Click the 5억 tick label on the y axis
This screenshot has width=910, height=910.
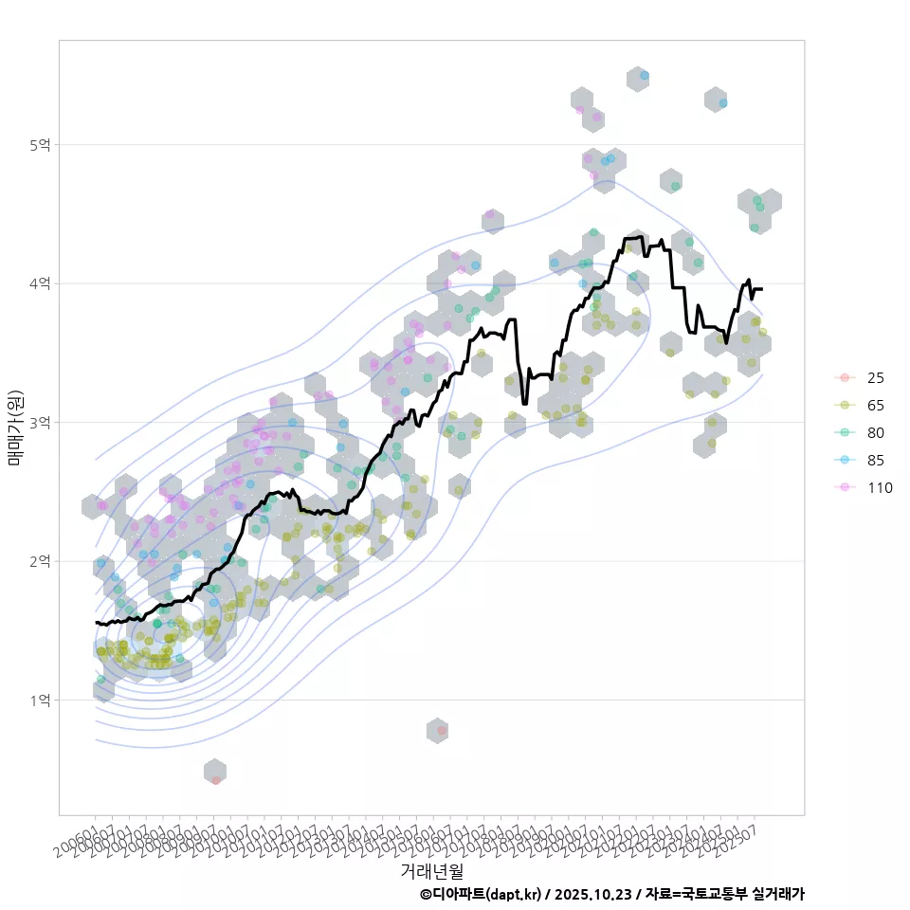(40, 145)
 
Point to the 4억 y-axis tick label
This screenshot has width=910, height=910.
(40, 283)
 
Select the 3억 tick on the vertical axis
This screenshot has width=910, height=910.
(40, 423)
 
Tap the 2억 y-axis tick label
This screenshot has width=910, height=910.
(40, 561)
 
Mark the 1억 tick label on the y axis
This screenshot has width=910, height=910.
(40, 700)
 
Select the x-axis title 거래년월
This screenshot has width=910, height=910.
(431, 869)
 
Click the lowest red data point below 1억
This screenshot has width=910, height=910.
(216, 780)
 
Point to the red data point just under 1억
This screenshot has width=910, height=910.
(442, 730)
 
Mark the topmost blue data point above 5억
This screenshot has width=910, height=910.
(645, 75)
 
